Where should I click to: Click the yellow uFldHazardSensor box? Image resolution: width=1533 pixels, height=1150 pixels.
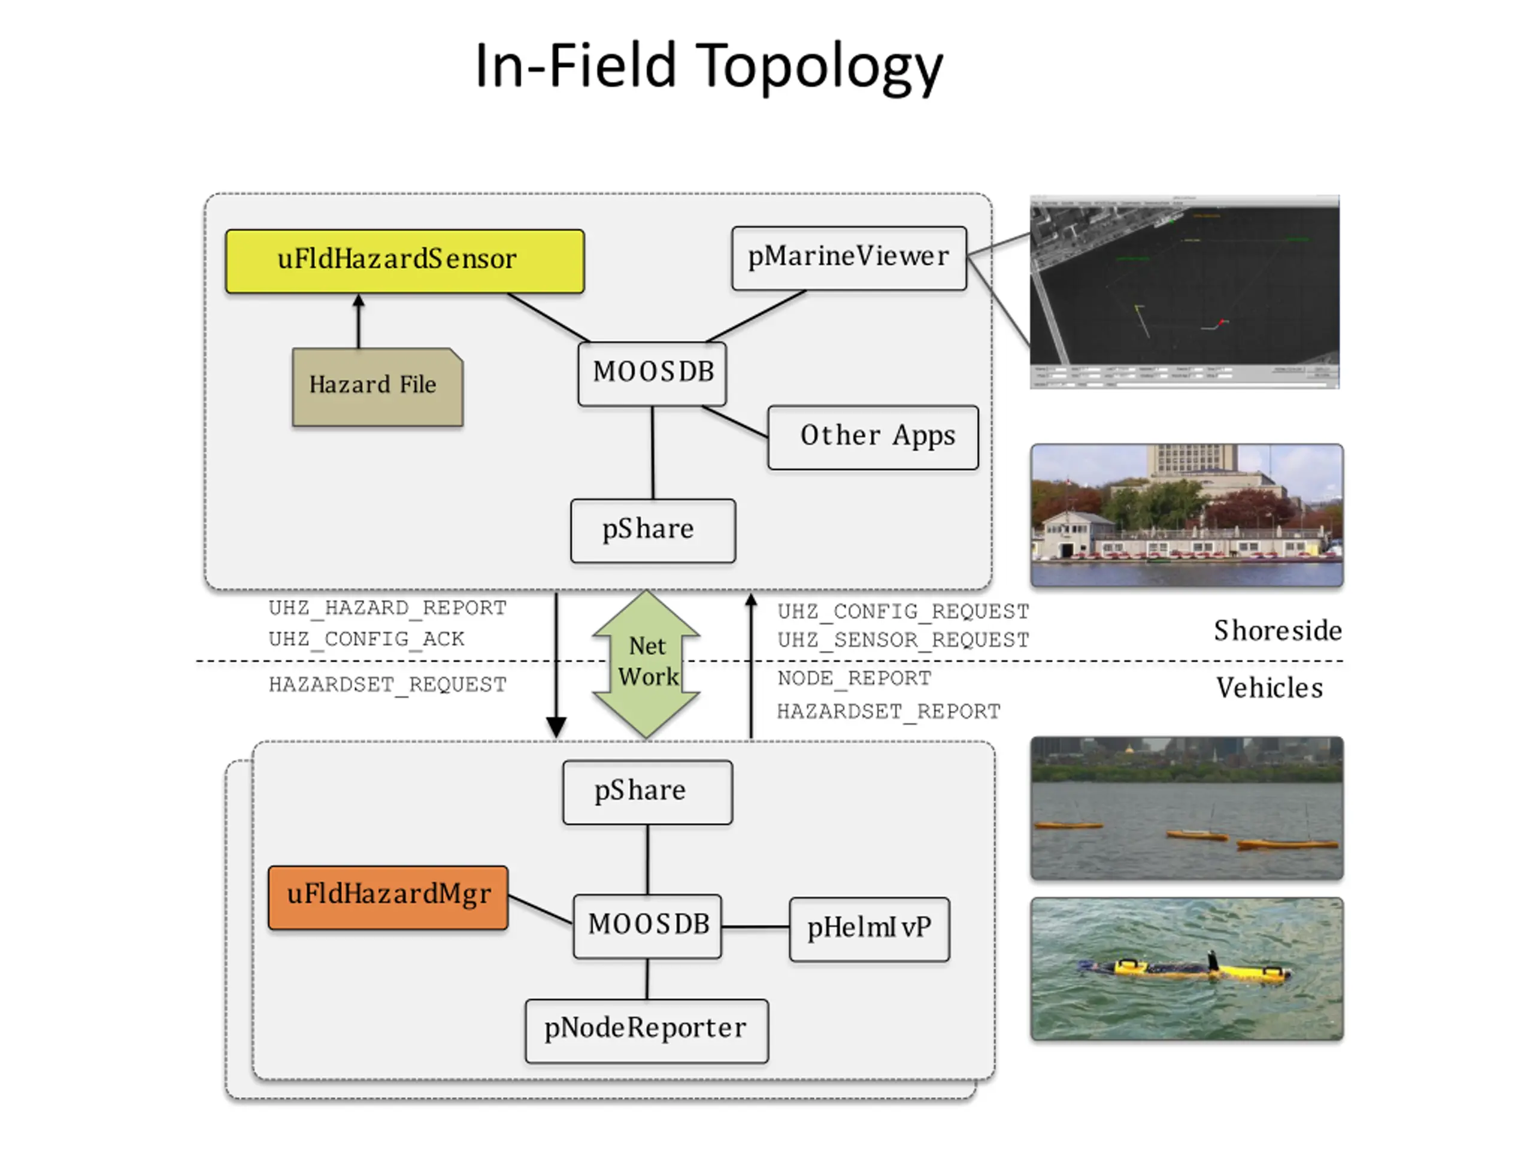(x=405, y=261)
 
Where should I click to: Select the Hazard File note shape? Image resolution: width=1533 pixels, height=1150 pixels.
(x=377, y=386)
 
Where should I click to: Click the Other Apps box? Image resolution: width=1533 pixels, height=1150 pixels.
(x=872, y=437)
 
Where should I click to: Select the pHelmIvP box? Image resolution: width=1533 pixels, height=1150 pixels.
(x=868, y=929)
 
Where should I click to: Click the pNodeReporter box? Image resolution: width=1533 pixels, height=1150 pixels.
(x=646, y=1030)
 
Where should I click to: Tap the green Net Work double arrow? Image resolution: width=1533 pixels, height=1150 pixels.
(x=646, y=664)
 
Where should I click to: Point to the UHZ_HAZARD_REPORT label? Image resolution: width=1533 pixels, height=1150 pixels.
(x=387, y=608)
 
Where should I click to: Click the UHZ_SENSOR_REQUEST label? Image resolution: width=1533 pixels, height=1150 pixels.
(x=902, y=640)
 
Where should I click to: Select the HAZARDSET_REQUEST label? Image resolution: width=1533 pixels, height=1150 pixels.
(x=387, y=685)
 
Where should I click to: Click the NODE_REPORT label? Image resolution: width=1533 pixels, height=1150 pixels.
(x=854, y=678)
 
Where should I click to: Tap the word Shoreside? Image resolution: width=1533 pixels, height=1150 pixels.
(x=1277, y=631)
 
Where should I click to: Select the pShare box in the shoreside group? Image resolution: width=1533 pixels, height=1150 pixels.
(x=652, y=530)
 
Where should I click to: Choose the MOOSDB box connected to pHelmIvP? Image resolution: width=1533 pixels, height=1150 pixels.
(x=647, y=926)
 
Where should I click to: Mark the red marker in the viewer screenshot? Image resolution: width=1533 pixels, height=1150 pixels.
(x=1222, y=322)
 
